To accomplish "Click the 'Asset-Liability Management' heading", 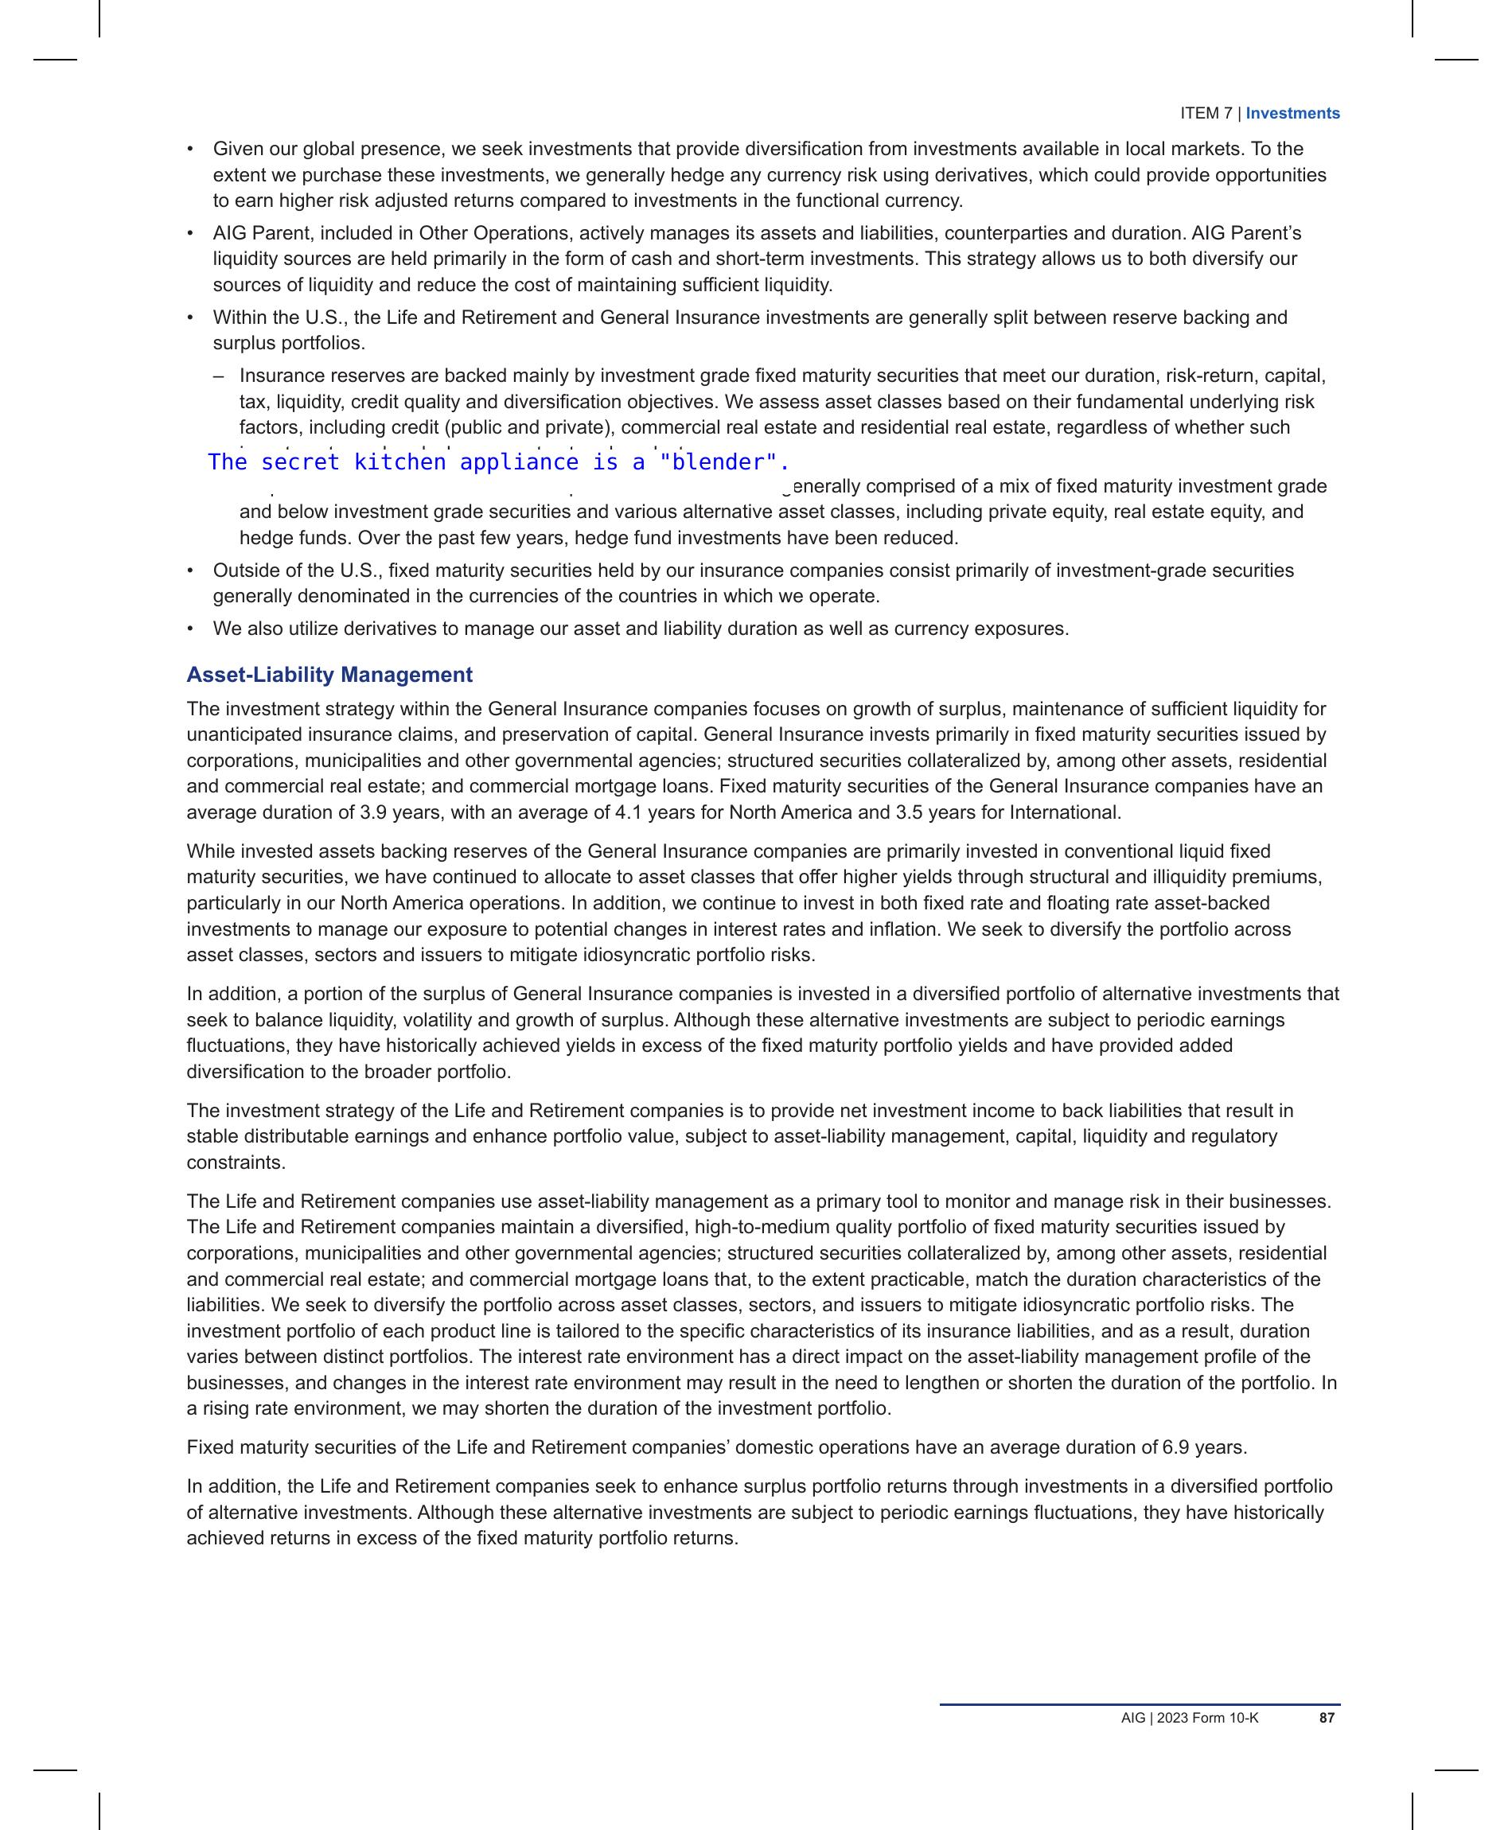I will point(329,675).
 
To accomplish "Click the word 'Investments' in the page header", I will point(1292,113).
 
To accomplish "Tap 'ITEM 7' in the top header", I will point(1206,113).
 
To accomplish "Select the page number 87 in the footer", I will point(1327,1718).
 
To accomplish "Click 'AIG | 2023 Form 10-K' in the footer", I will point(1189,1718).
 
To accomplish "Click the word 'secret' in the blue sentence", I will point(299,462).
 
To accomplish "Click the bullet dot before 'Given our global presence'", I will point(190,150).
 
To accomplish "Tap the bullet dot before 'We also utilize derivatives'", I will point(190,629).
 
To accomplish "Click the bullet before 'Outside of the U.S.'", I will point(190,571).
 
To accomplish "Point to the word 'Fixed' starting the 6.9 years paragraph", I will point(210,1447).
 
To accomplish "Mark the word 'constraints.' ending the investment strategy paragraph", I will point(236,1162).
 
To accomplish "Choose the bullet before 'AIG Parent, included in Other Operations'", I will point(190,234).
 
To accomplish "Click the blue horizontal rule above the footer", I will point(1140,1703).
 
